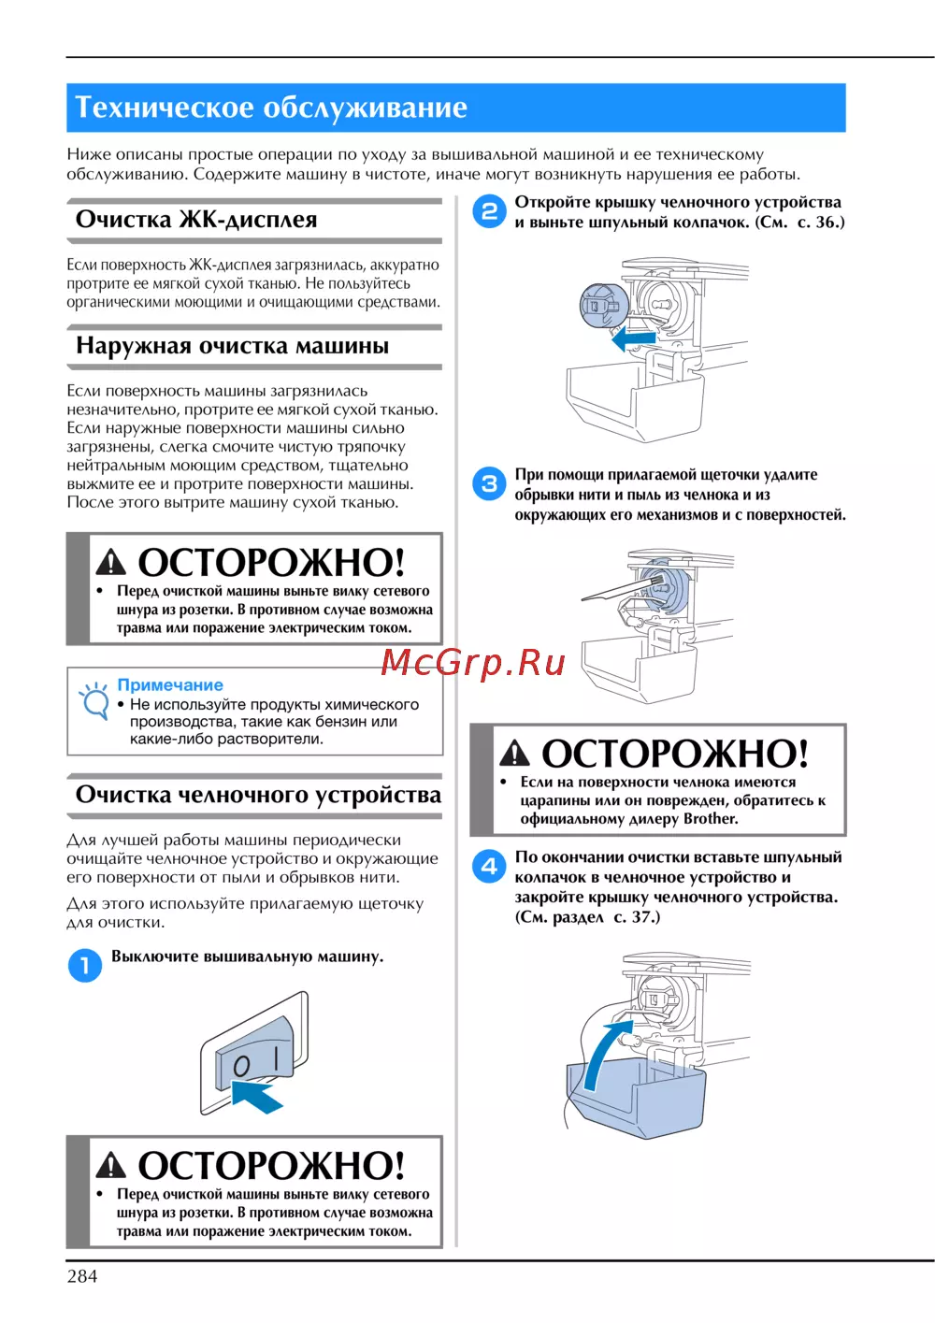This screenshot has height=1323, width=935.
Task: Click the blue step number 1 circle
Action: click(84, 965)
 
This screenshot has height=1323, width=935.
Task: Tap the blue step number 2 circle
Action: click(489, 212)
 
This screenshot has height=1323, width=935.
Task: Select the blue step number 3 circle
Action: click(489, 483)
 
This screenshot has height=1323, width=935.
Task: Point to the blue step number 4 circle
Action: click(489, 867)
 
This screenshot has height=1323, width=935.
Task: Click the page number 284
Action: click(82, 1276)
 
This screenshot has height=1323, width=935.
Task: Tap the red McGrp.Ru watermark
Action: click(472, 663)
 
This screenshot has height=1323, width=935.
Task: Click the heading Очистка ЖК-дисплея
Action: click(196, 220)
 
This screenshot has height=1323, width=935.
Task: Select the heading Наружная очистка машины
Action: click(232, 346)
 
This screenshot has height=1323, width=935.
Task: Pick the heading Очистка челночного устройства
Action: click(258, 795)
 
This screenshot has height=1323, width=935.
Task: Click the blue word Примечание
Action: click(170, 685)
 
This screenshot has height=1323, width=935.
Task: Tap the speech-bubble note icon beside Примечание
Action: click(93, 700)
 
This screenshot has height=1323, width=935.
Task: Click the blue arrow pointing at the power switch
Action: click(257, 1096)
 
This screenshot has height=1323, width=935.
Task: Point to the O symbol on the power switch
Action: click(241, 1066)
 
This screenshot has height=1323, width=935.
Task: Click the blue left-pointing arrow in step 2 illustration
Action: click(633, 339)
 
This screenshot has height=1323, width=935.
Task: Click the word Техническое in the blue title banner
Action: click(165, 108)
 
